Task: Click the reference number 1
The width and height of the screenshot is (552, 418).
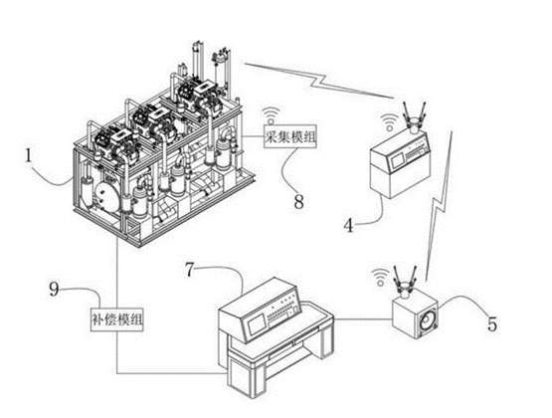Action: pyautogui.click(x=29, y=156)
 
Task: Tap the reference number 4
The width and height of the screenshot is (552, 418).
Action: pyautogui.click(x=348, y=226)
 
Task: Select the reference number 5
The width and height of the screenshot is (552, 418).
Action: pyautogui.click(x=492, y=324)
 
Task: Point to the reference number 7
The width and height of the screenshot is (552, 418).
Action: pyautogui.click(x=190, y=270)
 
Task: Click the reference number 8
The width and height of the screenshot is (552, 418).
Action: pyautogui.click(x=298, y=202)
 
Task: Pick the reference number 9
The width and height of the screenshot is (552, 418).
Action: pyautogui.click(x=54, y=290)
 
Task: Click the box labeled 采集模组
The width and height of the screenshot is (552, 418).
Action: pyautogui.click(x=290, y=137)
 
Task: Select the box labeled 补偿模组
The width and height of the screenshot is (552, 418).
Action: pyautogui.click(x=117, y=320)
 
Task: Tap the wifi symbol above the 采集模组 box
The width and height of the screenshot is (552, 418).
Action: pyautogui.click(x=272, y=116)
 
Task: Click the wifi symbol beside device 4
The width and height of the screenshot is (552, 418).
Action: pyautogui.click(x=388, y=123)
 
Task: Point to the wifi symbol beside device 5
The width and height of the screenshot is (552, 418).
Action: pyautogui.click(x=380, y=277)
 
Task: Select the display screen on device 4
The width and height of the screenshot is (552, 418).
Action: pyautogui.click(x=397, y=161)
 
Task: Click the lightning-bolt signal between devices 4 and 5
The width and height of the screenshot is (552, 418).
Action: pyautogui.click(x=439, y=205)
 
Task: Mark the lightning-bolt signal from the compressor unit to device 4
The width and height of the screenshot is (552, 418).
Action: pyautogui.click(x=319, y=81)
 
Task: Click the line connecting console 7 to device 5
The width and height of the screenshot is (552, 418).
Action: pyautogui.click(x=363, y=319)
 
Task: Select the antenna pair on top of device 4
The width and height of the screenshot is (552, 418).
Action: pyautogui.click(x=414, y=114)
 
